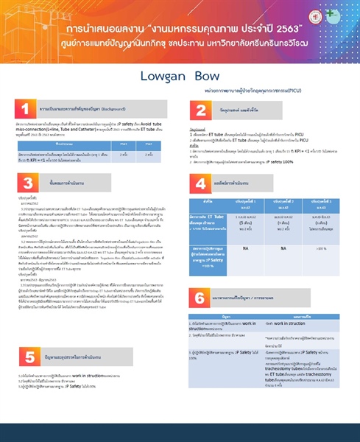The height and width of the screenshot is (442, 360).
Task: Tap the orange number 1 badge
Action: [x=25, y=110]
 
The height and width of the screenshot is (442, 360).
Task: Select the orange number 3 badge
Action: [x=25, y=183]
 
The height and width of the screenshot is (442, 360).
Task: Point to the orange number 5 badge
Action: [x=25, y=357]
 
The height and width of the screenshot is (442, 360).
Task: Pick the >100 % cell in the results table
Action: [x=321, y=249]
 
